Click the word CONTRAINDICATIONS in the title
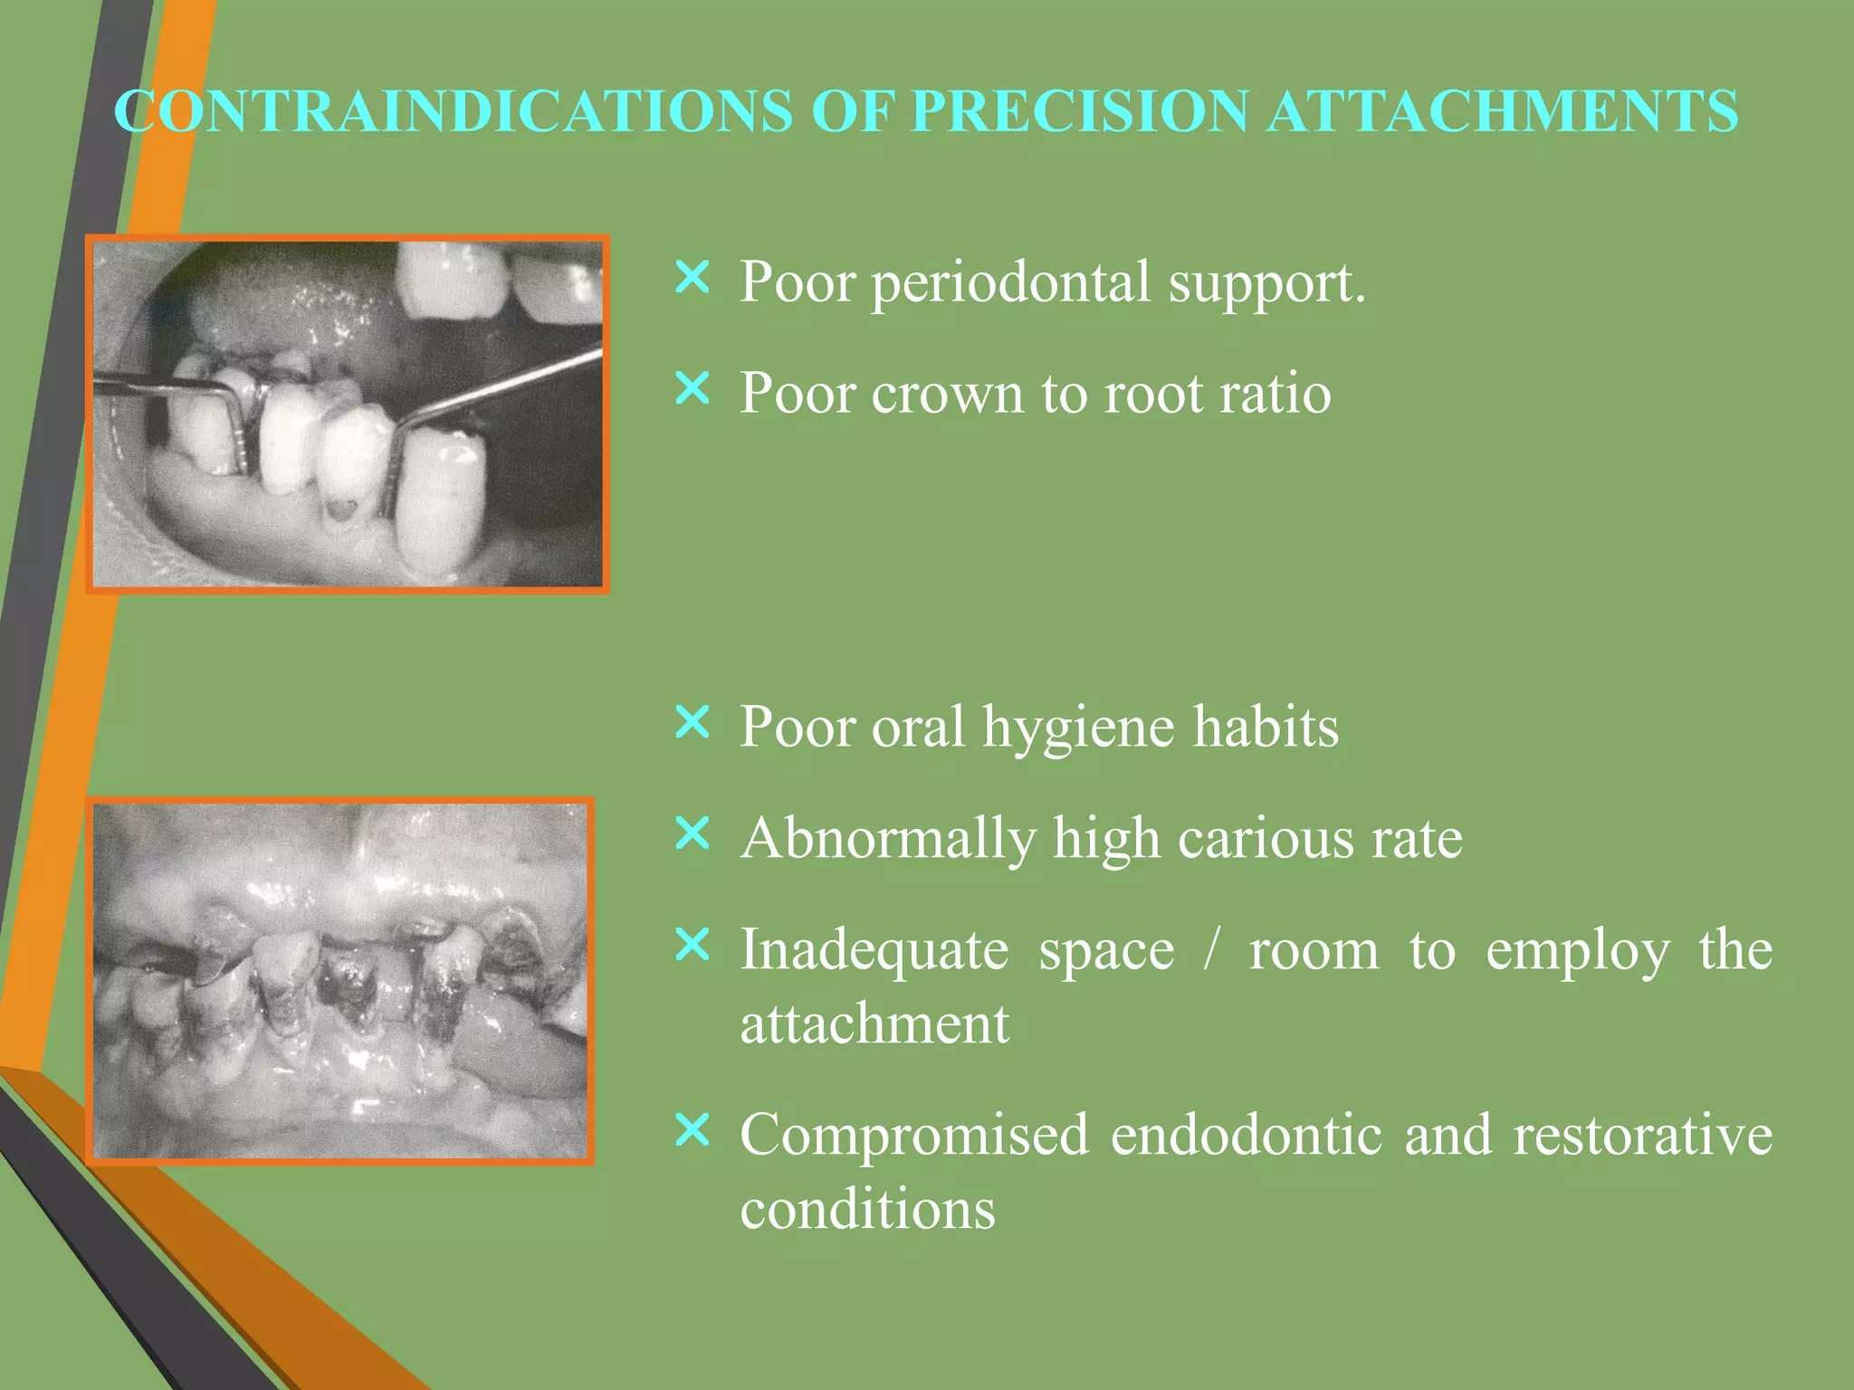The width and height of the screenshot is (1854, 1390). pos(453,111)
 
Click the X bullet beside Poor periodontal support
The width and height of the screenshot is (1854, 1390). pos(693,278)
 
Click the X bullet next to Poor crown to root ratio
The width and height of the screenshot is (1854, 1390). pos(693,389)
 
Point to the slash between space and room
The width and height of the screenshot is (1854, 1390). pos(1211,950)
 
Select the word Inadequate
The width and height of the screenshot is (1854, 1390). pos(874,950)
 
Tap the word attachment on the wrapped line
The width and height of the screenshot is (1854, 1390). pos(874,1024)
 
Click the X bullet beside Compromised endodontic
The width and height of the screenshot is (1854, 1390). pos(693,1130)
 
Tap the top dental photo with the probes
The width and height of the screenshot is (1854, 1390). pos(348,414)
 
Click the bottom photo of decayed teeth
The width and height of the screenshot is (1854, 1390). pos(340,981)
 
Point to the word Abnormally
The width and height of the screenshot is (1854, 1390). pos(887,839)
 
